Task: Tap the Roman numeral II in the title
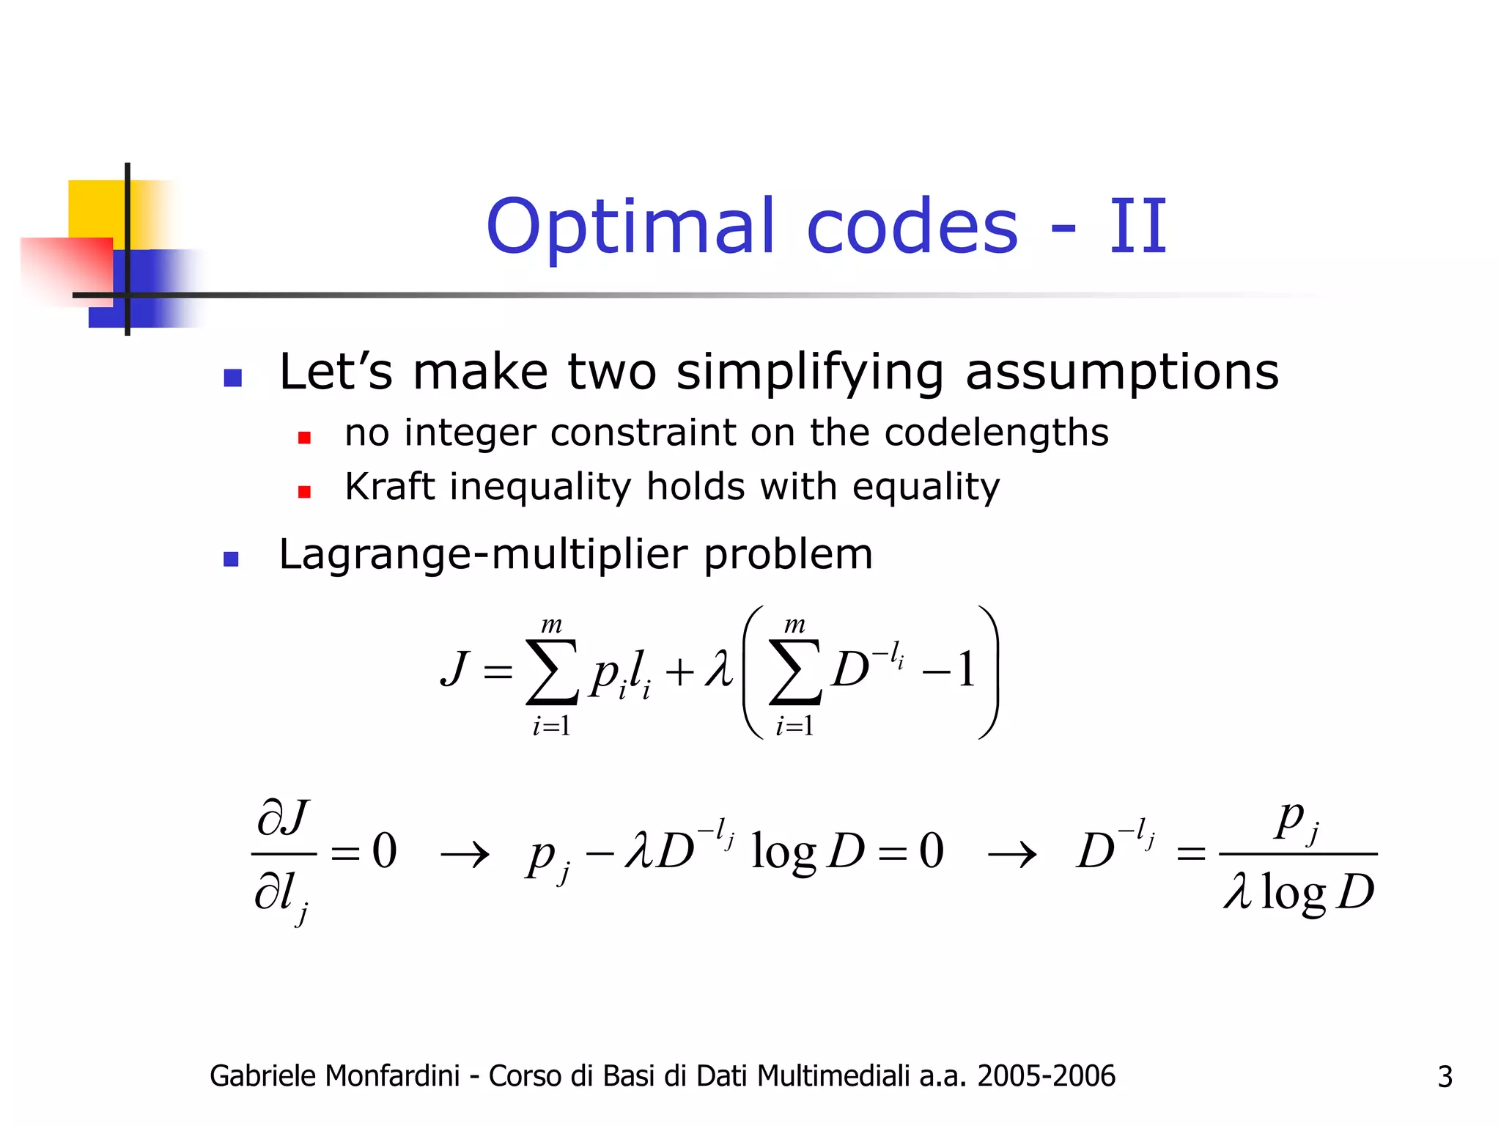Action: tap(1137, 227)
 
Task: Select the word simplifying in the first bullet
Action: tap(810, 372)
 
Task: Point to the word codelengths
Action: tap(996, 433)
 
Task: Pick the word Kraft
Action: tap(389, 486)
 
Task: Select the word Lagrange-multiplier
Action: tap(483, 554)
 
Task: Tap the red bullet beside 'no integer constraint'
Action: tap(304, 438)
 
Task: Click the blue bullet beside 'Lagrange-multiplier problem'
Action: tap(232, 559)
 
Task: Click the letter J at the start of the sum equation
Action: tap(454, 669)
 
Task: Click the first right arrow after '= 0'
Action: tap(465, 854)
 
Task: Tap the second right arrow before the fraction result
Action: tap(1012, 854)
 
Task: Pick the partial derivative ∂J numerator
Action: tap(283, 818)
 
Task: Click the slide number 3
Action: tap(1445, 1077)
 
